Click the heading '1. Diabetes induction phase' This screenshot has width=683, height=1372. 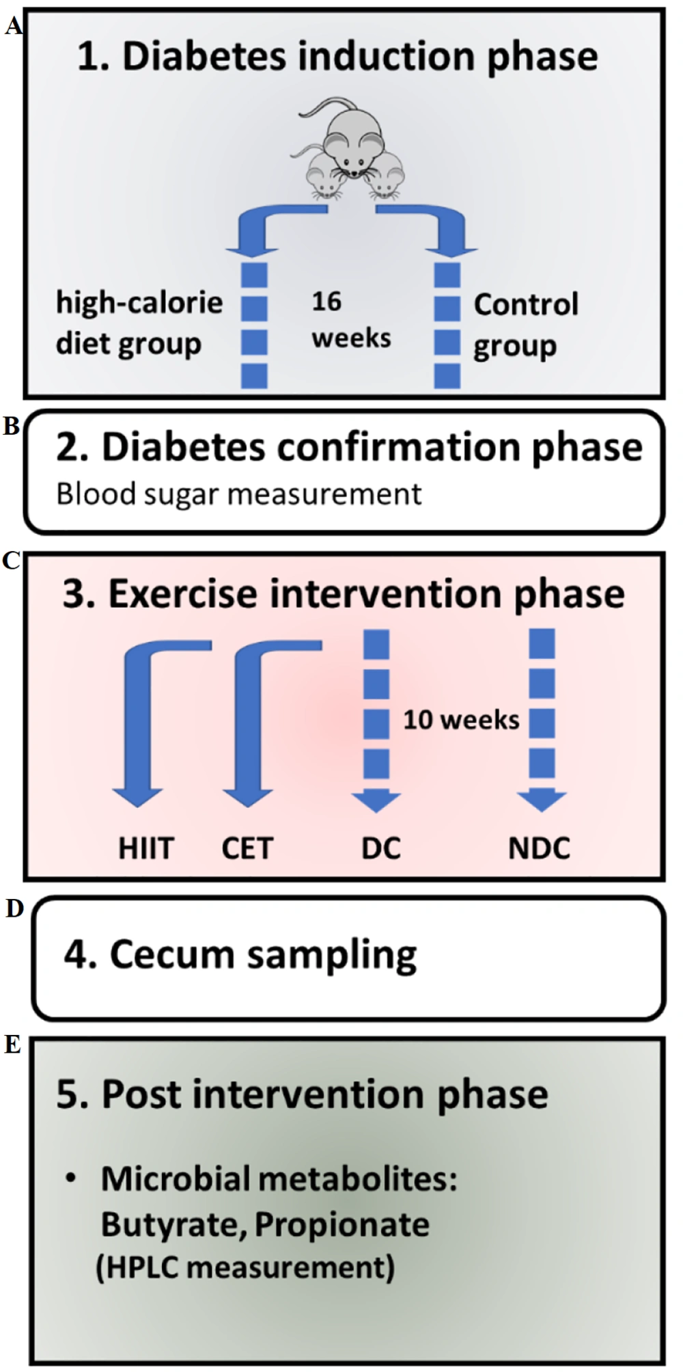point(337,57)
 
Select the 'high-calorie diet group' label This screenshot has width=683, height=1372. point(139,323)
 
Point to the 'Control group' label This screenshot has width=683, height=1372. point(526,325)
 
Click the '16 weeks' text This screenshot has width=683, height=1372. point(351,319)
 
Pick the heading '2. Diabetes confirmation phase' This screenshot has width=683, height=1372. point(349,446)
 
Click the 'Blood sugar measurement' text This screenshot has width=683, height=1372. point(238,494)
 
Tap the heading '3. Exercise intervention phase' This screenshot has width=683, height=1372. point(344,593)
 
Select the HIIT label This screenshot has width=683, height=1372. point(146,848)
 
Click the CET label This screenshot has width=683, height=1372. point(247,848)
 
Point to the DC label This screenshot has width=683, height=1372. point(380,848)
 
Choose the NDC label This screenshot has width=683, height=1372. point(540,848)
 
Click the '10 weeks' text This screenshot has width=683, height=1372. point(461,720)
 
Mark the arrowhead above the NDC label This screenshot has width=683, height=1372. point(542,800)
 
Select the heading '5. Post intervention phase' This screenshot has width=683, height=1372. point(302,1094)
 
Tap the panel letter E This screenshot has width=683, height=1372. point(12,1045)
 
